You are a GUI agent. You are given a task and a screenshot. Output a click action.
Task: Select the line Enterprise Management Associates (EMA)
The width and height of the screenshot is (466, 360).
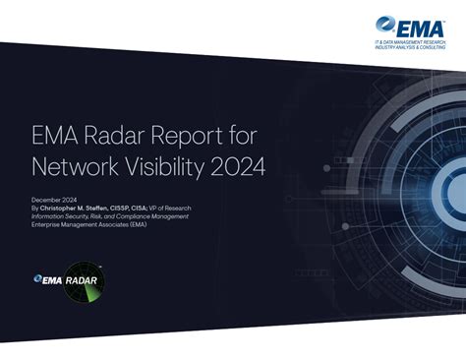coord(88,225)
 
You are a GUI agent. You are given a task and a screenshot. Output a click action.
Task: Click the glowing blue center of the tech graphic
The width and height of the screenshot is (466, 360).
coord(448,187)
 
